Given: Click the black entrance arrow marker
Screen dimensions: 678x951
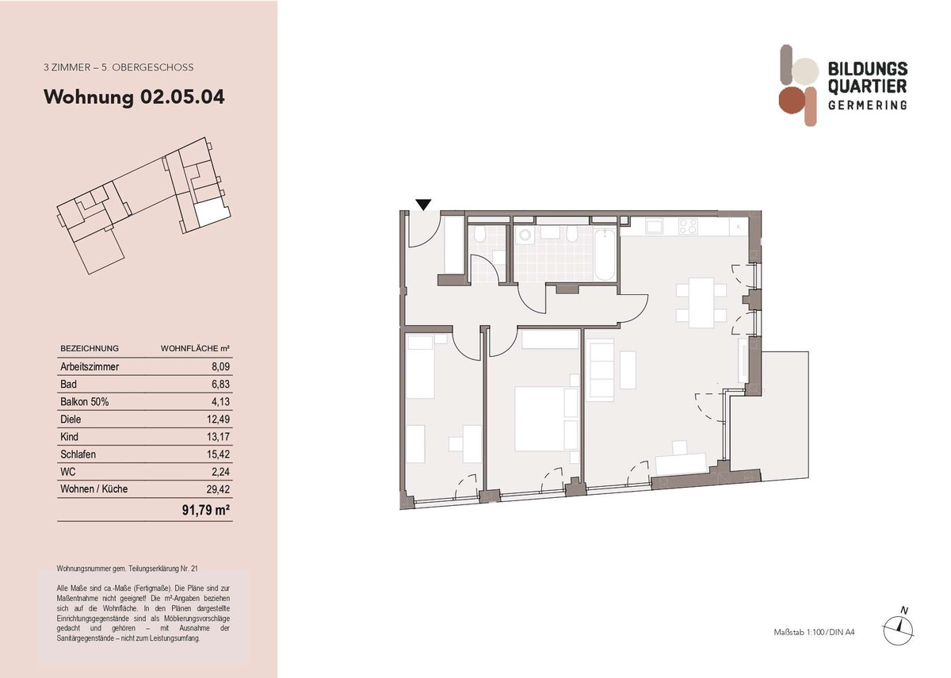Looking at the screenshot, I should [424, 205].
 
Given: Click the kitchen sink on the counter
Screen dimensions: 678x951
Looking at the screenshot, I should [655, 227].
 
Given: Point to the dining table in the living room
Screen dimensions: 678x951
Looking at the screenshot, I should [701, 302].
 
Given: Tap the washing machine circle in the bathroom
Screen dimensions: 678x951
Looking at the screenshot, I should [525, 237].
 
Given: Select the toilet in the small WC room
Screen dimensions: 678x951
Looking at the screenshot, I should [479, 236].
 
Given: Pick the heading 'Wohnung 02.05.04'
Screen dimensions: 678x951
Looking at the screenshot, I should [134, 98].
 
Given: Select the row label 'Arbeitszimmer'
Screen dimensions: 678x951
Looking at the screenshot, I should [90, 367].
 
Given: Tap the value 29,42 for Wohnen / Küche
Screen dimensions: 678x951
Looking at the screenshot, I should [218, 489].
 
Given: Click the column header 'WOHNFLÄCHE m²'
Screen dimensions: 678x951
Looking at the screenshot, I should [196, 348].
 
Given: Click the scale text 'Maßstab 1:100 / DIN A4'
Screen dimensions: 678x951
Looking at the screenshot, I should [814, 632].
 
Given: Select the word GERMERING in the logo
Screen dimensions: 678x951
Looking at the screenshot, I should [867, 105].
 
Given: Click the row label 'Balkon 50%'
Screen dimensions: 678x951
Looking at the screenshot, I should [84, 402].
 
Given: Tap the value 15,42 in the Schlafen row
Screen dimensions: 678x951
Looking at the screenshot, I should [218, 454].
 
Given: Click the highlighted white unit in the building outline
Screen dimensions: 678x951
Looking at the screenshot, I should [212, 210].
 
